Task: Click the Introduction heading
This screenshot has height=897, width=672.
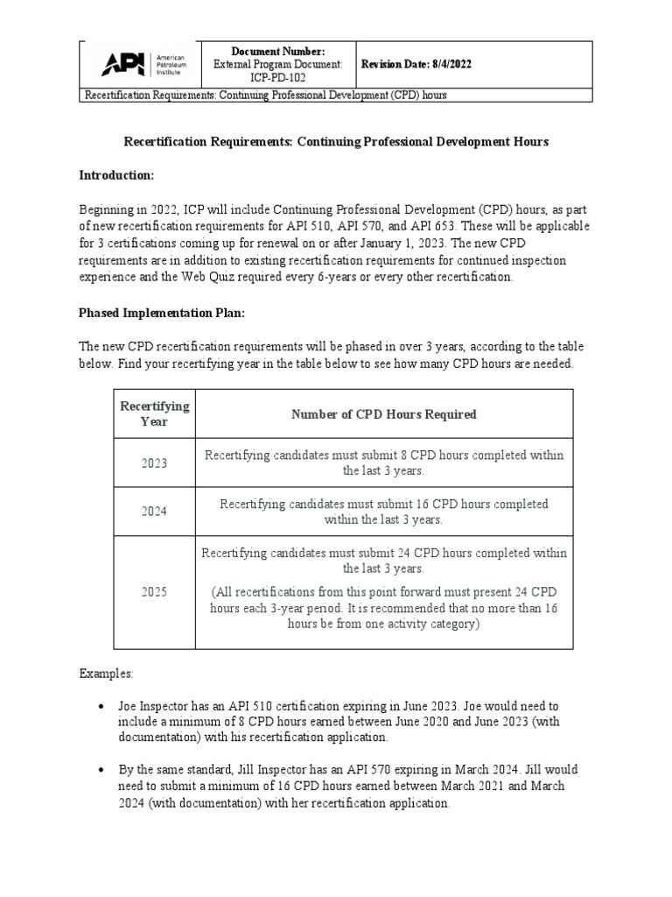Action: pyautogui.click(x=116, y=176)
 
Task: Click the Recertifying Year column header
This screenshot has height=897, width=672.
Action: pyautogui.click(x=142, y=413)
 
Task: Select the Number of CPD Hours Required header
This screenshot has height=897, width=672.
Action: pyautogui.click(x=383, y=414)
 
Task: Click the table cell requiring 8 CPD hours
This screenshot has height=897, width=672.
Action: pyautogui.click(x=383, y=463)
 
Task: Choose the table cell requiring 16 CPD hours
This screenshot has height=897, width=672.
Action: pyautogui.click(x=383, y=512)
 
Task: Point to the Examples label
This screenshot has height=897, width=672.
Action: pyautogui.click(x=106, y=674)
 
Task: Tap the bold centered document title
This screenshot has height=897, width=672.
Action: pyautogui.click(x=335, y=141)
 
